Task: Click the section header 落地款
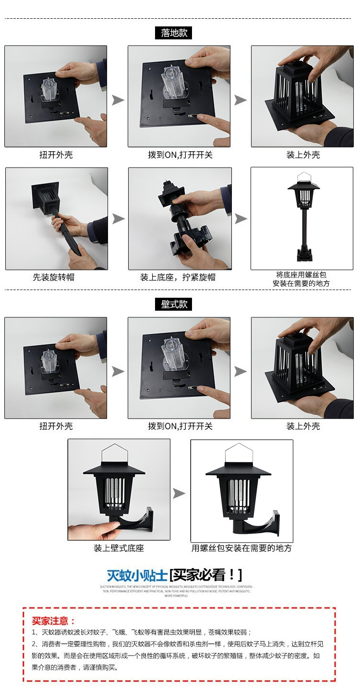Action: point(173,33)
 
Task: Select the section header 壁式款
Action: point(173,304)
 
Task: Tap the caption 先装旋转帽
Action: point(53,277)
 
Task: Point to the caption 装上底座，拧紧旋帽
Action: point(178,277)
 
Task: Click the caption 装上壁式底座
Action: point(119,548)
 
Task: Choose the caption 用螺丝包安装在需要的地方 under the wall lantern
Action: point(241,548)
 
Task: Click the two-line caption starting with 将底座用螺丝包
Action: point(301,279)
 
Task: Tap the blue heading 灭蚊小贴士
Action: point(137,575)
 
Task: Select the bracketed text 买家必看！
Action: point(206,575)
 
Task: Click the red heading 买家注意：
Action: point(54,621)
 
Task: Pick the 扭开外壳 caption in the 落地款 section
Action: point(56,155)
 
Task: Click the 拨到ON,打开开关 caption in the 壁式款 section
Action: point(180,426)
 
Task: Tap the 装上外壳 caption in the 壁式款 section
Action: point(303,426)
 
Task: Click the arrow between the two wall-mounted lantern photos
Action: point(179,494)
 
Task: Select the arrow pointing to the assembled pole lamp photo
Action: point(241,219)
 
